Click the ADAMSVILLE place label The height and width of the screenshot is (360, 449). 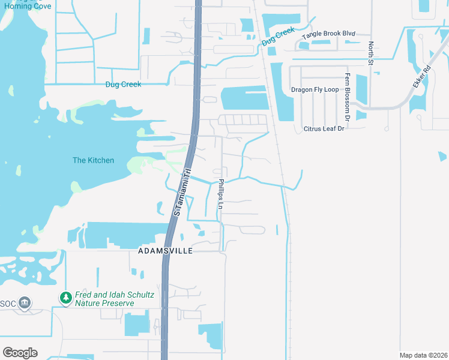coord(165,251)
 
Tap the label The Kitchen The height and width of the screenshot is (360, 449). coord(93,160)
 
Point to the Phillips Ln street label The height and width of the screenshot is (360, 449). coord(221,194)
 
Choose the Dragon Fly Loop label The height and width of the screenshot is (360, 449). coord(315,89)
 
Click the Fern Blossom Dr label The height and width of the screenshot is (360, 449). coord(347,94)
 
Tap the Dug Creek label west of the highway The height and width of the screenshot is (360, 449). coord(123,85)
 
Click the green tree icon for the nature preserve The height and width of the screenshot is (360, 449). coord(65,297)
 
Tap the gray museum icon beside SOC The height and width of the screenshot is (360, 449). coord(25,302)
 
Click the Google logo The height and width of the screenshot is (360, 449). coord(20,353)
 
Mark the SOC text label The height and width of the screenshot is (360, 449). coord(8,302)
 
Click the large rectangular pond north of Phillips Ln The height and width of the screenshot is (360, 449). coord(244,98)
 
